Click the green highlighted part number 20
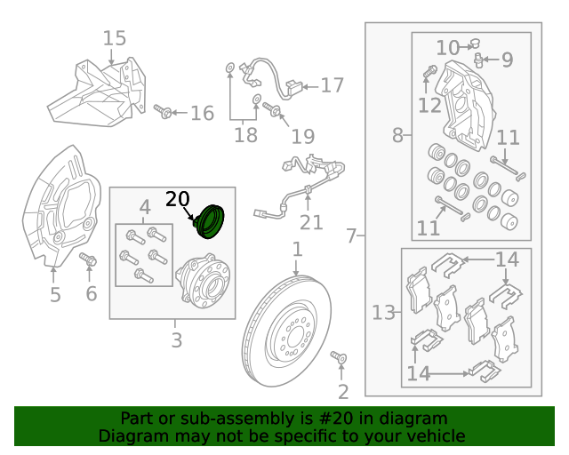click(212, 222)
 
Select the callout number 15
click(115, 38)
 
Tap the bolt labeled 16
click(163, 112)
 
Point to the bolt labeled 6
click(89, 260)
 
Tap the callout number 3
click(176, 339)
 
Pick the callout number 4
click(144, 208)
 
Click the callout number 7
click(351, 236)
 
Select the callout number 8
click(397, 136)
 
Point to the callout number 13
click(384, 313)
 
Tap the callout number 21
click(311, 222)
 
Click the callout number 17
click(332, 85)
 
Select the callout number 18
click(245, 135)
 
